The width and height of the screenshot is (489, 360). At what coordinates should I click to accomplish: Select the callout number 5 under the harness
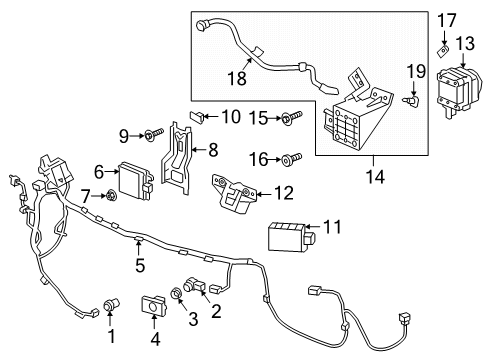141,266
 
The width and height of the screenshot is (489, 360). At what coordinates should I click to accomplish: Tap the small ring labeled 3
175,293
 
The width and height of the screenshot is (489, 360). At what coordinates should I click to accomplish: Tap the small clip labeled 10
199,117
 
